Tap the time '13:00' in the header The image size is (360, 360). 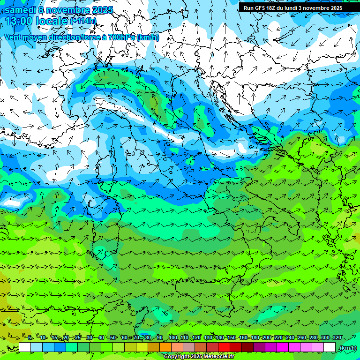pos(19,21)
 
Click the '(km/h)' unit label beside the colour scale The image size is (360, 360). pos(347,348)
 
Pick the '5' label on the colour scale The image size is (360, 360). pos(30,338)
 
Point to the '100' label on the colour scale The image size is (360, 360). pos(172,338)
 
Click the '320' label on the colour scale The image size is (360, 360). pos(337,338)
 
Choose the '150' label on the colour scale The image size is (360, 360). pos(231,338)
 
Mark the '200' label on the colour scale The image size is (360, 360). pos(266,338)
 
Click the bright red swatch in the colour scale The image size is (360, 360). pos(224,347)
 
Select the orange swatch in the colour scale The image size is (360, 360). pos(165,347)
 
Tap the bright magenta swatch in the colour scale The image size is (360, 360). pos(283,347)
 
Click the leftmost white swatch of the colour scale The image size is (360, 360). pos(25,347)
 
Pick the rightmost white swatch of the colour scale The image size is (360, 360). pos(330,347)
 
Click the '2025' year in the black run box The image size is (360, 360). pos(334,8)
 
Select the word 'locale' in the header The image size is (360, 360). pos(51,21)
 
